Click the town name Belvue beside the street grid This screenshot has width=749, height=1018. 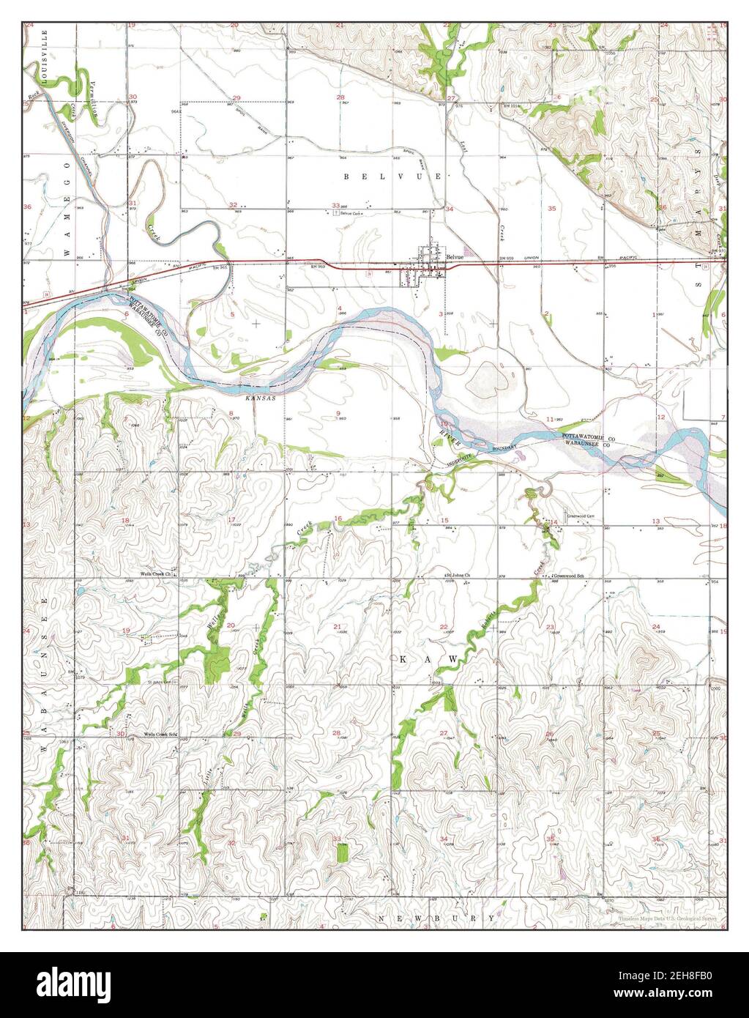pyautogui.click(x=455, y=257)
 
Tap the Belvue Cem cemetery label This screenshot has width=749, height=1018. pyautogui.click(x=351, y=213)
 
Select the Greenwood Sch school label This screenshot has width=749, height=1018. pyautogui.click(x=570, y=575)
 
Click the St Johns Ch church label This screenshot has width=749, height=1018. pyautogui.click(x=463, y=575)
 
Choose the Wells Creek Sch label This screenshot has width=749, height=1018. pyautogui.click(x=160, y=733)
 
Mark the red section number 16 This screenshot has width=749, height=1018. pyautogui.click(x=338, y=519)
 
